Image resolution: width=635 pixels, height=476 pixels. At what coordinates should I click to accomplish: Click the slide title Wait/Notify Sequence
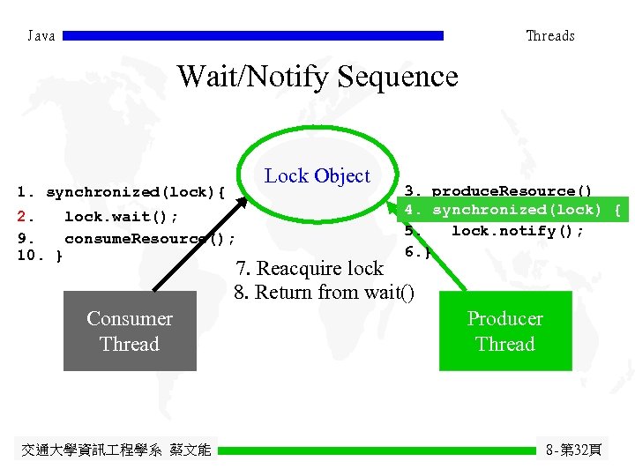coord(317,77)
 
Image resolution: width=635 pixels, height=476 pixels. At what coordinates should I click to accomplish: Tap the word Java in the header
coord(41,36)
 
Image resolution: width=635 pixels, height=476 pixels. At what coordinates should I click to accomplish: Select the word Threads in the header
coord(549,36)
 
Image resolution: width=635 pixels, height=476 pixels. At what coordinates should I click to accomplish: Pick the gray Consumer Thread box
coord(130,331)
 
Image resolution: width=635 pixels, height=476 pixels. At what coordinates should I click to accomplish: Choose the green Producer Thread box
coord(505,331)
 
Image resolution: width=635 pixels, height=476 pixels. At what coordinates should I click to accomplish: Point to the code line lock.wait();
coord(120,217)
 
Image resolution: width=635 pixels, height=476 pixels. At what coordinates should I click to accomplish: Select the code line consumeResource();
coord(148,238)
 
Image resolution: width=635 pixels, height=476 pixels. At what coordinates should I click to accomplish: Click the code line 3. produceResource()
coord(498,190)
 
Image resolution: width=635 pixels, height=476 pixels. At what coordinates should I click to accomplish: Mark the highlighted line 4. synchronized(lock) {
coord(512,210)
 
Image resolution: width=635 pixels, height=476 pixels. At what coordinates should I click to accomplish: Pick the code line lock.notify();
coord(517,231)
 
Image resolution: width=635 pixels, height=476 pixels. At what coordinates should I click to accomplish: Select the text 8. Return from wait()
coord(324,292)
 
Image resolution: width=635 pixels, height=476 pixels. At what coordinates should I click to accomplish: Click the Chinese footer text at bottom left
coord(116,450)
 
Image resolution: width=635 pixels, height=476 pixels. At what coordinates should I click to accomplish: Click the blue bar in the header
coord(253,36)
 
